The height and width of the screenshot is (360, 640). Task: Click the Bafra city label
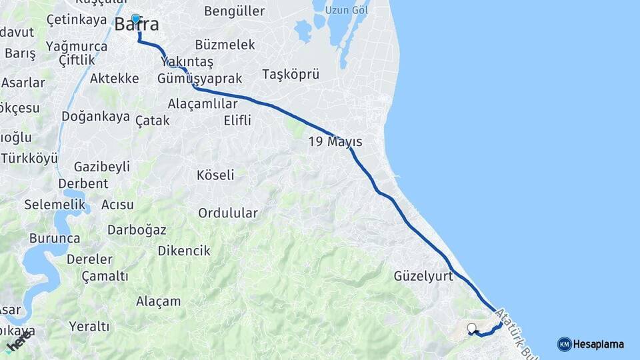137,25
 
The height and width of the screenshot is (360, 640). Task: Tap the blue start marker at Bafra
136,19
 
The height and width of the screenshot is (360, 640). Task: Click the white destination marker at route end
472,328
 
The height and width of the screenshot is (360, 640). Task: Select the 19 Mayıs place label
335,141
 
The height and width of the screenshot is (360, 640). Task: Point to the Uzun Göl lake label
350,11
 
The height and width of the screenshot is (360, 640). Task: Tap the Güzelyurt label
423,275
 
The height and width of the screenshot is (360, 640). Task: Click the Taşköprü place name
291,74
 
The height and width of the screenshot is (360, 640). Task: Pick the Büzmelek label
225,45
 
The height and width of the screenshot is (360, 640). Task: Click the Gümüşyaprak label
199,78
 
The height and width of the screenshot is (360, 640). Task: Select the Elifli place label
237,121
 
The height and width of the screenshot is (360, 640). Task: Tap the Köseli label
215,175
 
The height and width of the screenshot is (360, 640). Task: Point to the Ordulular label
227,213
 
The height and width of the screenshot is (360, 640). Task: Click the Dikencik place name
184,251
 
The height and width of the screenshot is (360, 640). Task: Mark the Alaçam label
158,301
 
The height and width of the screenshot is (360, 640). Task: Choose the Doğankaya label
95,117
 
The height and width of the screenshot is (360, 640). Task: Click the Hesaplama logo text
599,344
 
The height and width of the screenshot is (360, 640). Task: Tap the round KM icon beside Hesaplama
564,344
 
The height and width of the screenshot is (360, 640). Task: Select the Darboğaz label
137,229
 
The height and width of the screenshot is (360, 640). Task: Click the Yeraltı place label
89,326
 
